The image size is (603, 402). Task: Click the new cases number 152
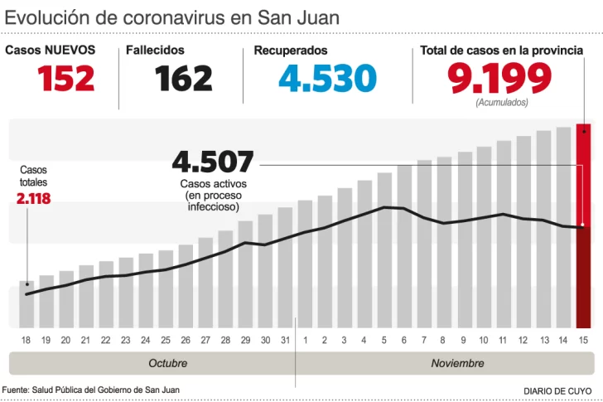(x=66, y=79)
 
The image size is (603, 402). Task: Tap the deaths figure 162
(x=183, y=79)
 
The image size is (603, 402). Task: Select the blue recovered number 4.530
(x=327, y=79)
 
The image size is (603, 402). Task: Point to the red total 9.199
(x=499, y=79)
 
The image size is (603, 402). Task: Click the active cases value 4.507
(x=213, y=162)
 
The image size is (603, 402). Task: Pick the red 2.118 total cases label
(x=33, y=198)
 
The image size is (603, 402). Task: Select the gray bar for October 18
(x=27, y=304)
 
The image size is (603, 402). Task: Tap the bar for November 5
(x=384, y=249)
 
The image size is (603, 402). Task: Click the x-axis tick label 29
(x=245, y=340)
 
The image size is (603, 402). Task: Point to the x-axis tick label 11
(x=503, y=340)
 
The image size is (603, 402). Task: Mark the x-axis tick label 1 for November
(x=305, y=340)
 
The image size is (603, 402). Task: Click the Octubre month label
(x=167, y=363)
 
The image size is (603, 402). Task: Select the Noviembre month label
(x=457, y=363)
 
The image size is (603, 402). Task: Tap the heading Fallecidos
(x=155, y=51)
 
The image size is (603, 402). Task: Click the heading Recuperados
(x=290, y=51)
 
